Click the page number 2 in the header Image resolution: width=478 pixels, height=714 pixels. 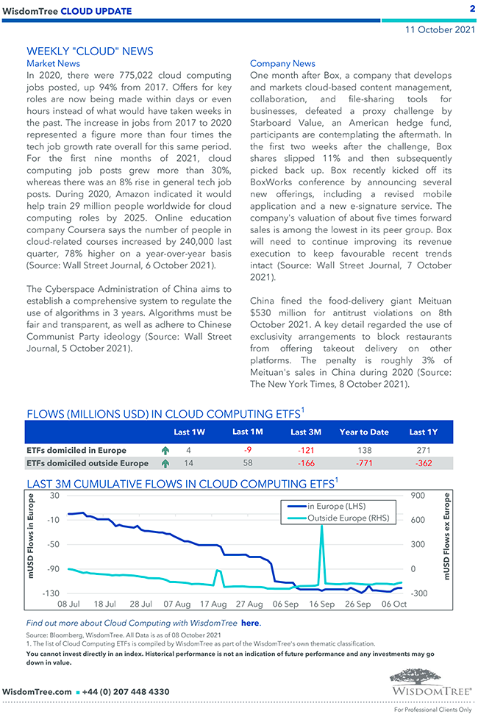pyautogui.click(x=471, y=9)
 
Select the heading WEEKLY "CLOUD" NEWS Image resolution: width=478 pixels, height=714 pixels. pyautogui.click(x=90, y=51)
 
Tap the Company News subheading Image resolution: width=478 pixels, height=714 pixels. pyautogui.click(x=282, y=64)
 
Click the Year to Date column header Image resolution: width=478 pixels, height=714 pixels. pyautogui.click(x=364, y=432)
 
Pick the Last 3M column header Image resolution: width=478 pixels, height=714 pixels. pyautogui.click(x=305, y=432)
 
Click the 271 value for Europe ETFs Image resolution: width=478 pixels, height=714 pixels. pyautogui.click(x=423, y=450)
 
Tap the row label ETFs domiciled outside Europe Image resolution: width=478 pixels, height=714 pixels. pyautogui.click(x=87, y=463)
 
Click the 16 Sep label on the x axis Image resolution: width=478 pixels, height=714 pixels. pyautogui.click(x=321, y=604)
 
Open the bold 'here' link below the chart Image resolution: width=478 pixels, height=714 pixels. pyautogui.click(x=250, y=623)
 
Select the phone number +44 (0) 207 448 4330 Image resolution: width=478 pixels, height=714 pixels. pyautogui.click(x=126, y=692)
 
